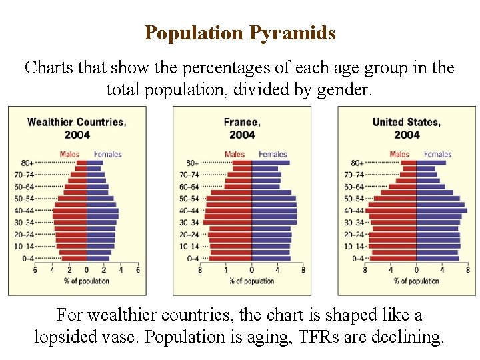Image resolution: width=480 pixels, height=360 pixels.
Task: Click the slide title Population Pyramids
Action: coord(240,33)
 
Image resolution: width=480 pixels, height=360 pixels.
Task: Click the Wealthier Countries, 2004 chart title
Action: coord(77,128)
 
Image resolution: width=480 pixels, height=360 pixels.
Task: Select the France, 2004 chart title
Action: coord(242,128)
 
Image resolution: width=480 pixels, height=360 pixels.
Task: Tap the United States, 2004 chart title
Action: coord(406,128)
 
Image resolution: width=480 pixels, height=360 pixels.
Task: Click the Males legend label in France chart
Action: coord(235,155)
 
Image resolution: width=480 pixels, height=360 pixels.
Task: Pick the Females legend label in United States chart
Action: coord(437,155)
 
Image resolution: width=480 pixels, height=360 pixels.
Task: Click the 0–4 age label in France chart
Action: coord(193,259)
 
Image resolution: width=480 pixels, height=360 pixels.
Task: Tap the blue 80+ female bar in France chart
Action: coord(270,163)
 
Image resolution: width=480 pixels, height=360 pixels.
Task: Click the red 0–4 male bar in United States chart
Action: coord(393,259)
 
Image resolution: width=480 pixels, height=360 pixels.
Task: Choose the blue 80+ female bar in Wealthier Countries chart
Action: coord(95,163)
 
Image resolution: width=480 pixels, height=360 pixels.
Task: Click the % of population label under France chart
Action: coord(251,281)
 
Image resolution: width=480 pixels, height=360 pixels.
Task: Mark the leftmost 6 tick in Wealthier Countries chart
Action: coord(35,270)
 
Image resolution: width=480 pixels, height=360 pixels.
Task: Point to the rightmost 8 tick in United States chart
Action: coord(467,270)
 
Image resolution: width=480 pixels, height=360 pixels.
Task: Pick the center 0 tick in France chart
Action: coord(251,270)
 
